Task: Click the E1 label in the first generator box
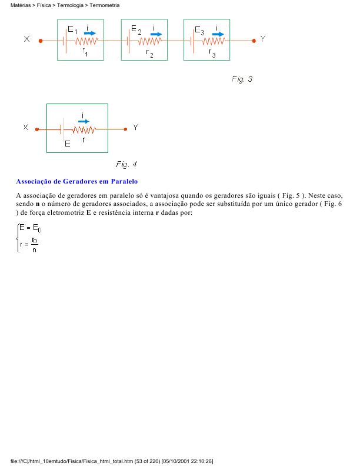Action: [72, 29]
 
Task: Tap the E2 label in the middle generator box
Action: [136, 29]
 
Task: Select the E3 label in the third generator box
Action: [199, 29]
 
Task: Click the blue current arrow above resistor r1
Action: [90, 34]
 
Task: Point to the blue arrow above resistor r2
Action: [155, 34]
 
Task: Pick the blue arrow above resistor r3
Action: [218, 34]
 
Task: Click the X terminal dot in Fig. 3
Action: [41, 41]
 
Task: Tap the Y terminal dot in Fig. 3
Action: [254, 41]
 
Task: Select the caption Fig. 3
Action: [242, 79]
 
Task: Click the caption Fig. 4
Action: [126, 164]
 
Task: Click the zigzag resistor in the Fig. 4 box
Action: [84, 129]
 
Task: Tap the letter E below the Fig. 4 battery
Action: [67, 144]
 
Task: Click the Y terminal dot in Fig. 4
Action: [125, 129]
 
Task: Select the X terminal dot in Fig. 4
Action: [36, 129]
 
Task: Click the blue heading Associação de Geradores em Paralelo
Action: [76, 181]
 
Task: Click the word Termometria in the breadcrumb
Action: [105, 5]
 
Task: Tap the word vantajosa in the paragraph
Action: [171, 195]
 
